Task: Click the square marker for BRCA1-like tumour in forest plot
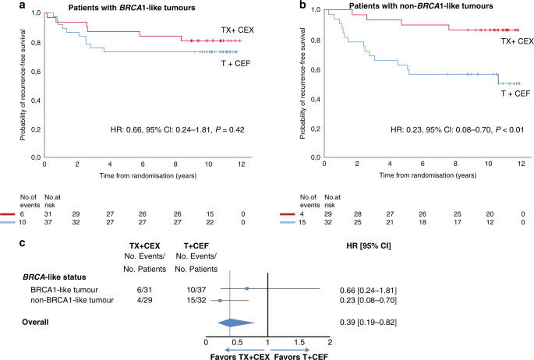click(x=247, y=288)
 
